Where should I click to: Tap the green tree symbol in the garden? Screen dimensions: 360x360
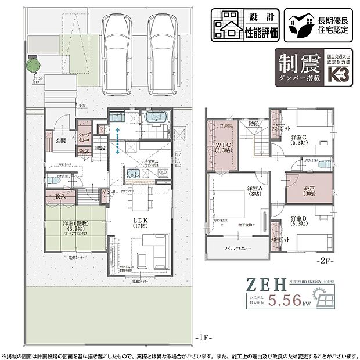pos(34,66)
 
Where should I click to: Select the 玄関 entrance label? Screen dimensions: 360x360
pos(61,141)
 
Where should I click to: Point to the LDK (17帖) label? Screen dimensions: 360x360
pos(141,222)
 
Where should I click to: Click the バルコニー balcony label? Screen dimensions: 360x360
pos(239,249)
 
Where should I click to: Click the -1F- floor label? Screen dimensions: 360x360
pos(203,337)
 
